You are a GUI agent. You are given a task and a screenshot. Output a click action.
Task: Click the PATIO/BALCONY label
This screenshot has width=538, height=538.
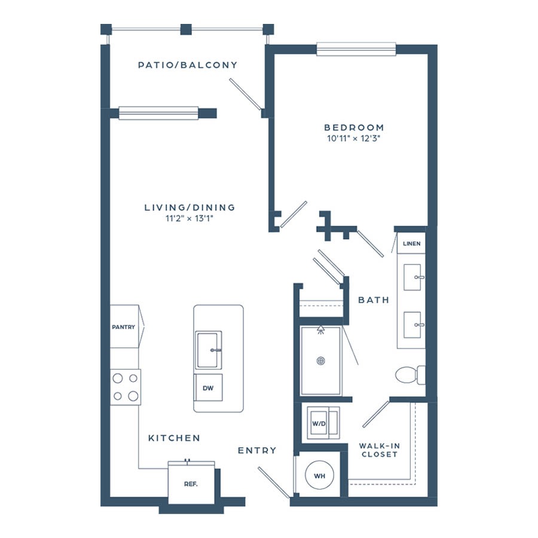(x=188, y=65)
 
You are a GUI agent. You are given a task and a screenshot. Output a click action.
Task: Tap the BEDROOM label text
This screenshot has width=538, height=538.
(x=354, y=128)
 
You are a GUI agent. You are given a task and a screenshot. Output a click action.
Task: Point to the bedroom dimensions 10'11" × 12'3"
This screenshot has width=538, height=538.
(x=354, y=138)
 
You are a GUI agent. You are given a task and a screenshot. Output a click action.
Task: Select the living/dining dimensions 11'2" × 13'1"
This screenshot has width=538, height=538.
(x=189, y=218)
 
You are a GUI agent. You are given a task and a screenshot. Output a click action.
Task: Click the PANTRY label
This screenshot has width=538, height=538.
(x=124, y=327)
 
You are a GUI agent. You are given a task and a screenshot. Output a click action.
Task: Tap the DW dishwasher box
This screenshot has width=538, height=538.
(x=208, y=387)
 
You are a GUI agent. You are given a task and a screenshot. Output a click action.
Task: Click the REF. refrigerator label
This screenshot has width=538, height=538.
(x=191, y=484)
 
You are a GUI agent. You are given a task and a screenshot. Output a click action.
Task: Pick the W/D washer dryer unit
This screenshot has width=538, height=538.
(x=323, y=423)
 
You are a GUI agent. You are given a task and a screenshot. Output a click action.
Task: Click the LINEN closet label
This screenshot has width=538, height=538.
(x=412, y=244)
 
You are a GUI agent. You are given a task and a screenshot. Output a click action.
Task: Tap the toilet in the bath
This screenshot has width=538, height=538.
(x=410, y=375)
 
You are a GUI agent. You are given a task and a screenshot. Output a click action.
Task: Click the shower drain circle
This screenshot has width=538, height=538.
(x=320, y=361)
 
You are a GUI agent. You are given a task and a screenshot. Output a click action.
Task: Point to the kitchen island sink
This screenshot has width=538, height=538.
(x=208, y=350)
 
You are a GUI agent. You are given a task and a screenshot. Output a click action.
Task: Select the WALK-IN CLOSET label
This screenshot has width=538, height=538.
(x=380, y=450)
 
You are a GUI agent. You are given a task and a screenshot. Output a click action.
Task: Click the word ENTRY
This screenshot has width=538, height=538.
(x=257, y=451)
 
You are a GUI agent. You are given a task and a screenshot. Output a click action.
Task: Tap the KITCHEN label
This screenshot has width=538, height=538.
(x=174, y=438)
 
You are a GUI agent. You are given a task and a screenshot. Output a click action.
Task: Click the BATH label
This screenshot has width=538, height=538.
(x=374, y=300)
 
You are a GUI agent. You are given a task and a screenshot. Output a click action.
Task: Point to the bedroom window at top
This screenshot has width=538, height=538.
(x=356, y=49)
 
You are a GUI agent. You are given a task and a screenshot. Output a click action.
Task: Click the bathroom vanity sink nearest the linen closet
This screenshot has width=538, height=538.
(x=412, y=277)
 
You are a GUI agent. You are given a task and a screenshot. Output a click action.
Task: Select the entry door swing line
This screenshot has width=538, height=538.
(x=274, y=482)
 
